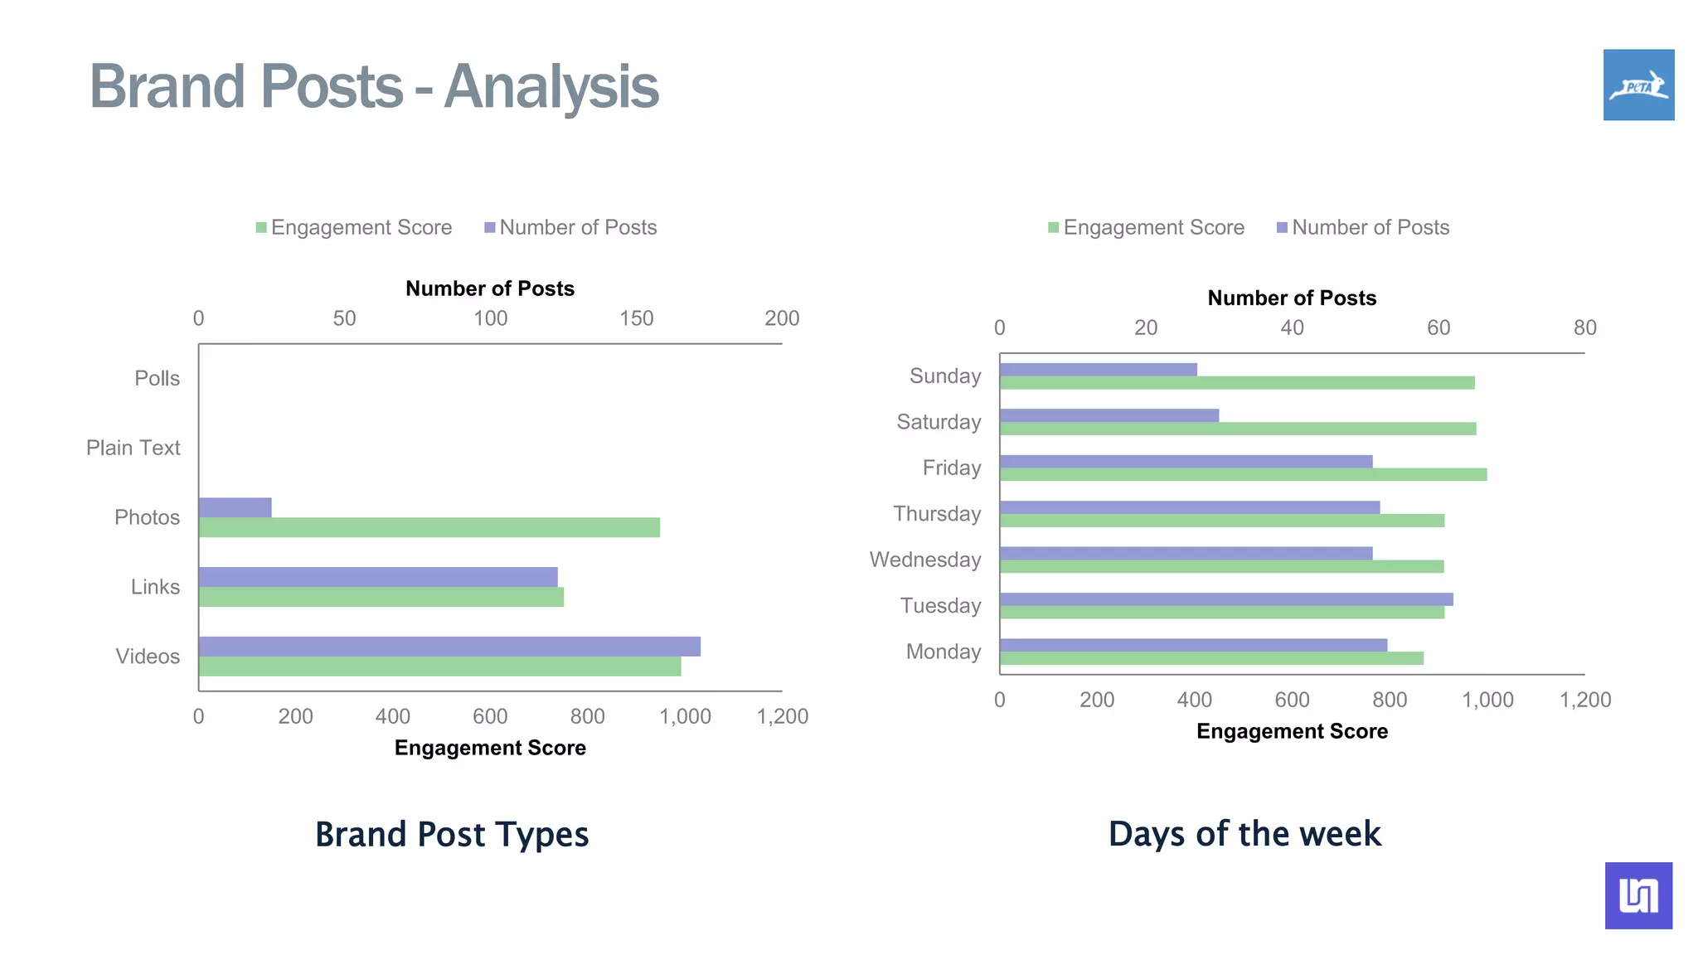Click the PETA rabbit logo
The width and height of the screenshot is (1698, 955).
(x=1638, y=85)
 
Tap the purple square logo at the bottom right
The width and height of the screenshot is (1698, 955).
(x=1638, y=895)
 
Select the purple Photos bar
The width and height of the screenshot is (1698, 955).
(x=235, y=507)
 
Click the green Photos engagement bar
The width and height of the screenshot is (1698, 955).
(x=429, y=527)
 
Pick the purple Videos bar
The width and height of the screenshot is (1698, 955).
(x=449, y=647)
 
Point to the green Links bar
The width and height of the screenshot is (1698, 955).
(x=381, y=597)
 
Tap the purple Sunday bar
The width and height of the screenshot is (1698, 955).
(x=1098, y=370)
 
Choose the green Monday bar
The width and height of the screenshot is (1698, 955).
(x=1210, y=658)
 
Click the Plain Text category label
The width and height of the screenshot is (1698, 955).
(x=133, y=448)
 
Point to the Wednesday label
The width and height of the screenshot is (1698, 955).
(x=924, y=560)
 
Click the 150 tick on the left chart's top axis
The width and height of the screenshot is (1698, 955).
(x=636, y=318)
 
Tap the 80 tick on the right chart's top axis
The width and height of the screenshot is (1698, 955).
(x=1584, y=327)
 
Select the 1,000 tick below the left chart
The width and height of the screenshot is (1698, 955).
(x=685, y=716)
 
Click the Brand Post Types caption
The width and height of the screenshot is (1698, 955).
(x=452, y=834)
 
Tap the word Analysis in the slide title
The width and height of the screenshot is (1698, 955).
(x=551, y=86)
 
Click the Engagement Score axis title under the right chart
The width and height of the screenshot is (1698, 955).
(x=1292, y=731)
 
